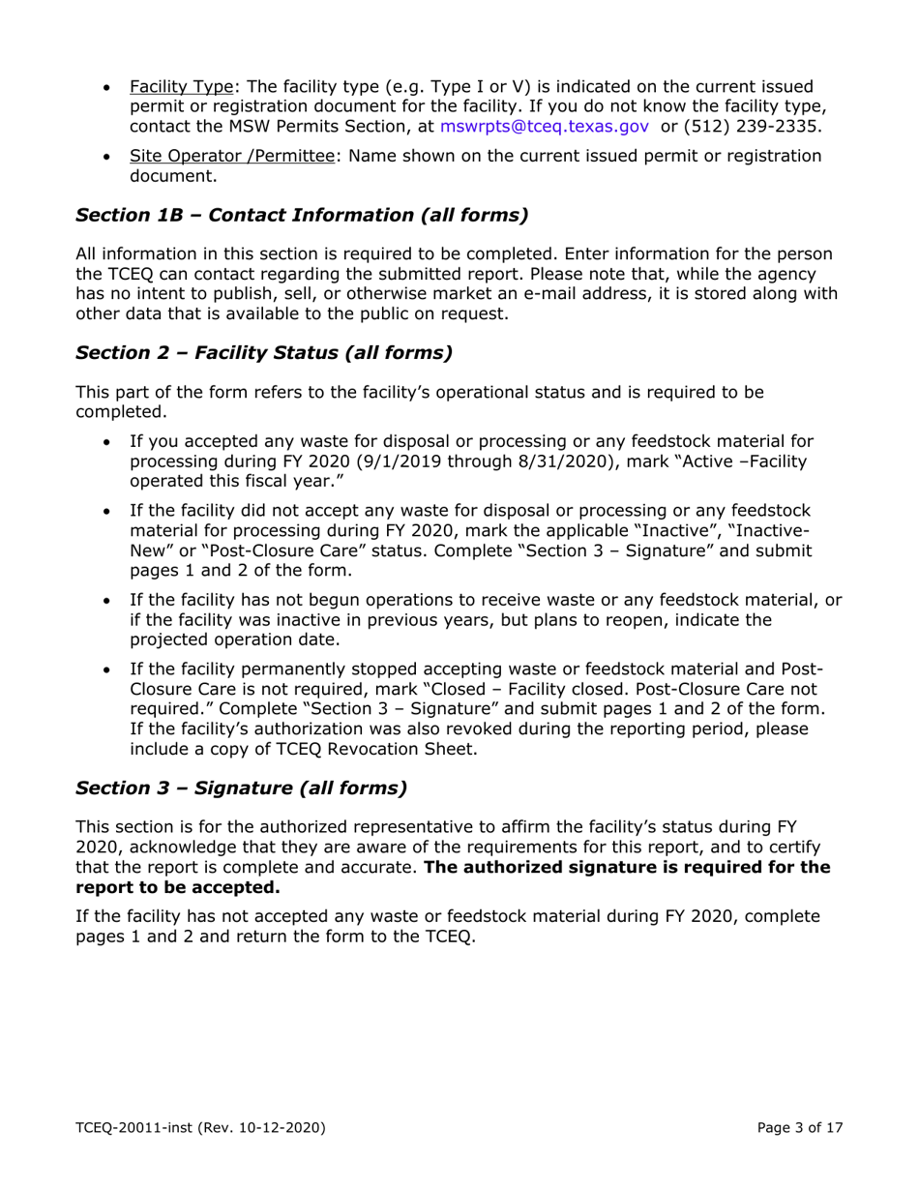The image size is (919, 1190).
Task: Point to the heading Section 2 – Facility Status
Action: [x=263, y=352]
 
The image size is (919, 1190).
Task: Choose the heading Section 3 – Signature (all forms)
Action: [x=241, y=788]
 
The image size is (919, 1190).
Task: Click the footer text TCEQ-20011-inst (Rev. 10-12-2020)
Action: [x=199, y=1128]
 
